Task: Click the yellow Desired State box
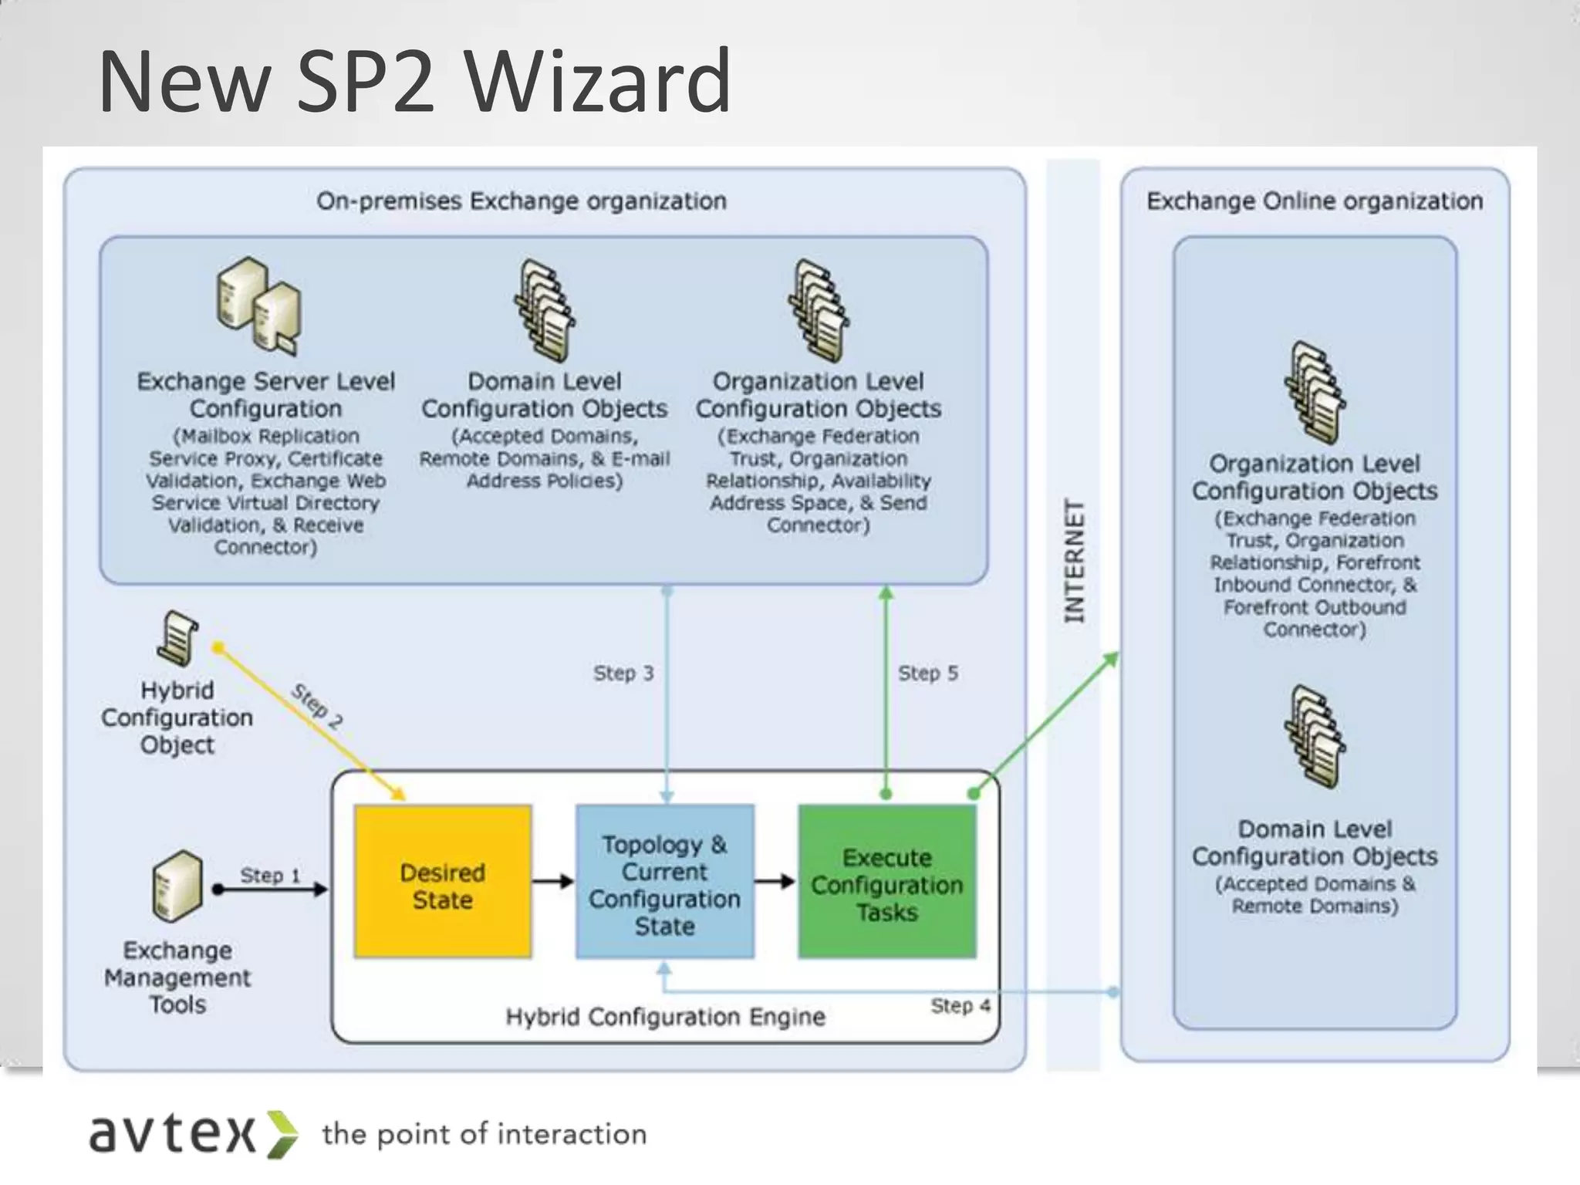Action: tap(443, 882)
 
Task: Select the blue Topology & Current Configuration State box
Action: tap(664, 882)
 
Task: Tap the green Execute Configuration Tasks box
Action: tap(886, 882)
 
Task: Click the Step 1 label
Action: tap(270, 876)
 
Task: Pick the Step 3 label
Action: tap(623, 674)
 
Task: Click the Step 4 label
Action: tap(960, 1006)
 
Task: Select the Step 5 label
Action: tap(928, 674)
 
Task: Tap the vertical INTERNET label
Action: tap(1074, 561)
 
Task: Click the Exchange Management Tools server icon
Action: tap(177, 886)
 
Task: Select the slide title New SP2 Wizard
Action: tap(414, 80)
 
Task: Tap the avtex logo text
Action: tap(174, 1134)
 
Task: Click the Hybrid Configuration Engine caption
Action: tap(665, 1017)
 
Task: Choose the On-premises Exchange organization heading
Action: tap(522, 201)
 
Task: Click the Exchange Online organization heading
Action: tap(1315, 201)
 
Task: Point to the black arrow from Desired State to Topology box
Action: tap(553, 882)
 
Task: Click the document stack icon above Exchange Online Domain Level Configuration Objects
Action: tap(1315, 737)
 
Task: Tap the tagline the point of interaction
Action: tap(484, 1134)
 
